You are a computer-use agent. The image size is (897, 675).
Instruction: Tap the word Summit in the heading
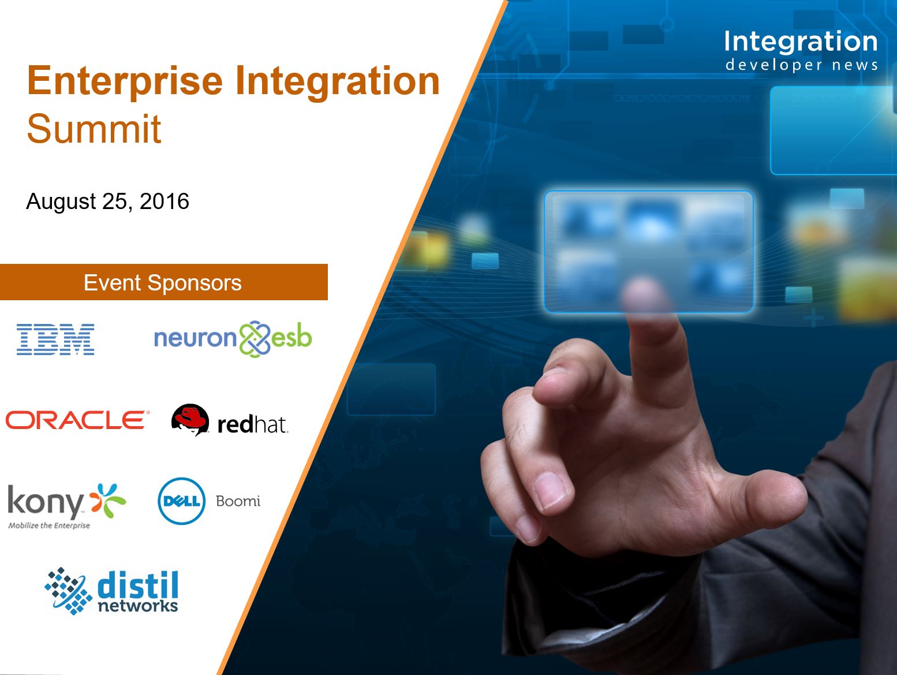point(94,129)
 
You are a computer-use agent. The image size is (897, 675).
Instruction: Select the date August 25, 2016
point(107,202)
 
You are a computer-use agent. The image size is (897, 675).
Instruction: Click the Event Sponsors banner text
point(163,283)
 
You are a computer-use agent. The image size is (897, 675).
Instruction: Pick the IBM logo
point(55,340)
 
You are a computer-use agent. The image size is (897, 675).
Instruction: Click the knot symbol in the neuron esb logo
point(255,339)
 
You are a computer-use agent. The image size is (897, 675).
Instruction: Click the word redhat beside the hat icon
point(253,424)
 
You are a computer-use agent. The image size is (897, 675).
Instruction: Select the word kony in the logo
point(46,501)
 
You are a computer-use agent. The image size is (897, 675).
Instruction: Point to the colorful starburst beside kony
point(108,501)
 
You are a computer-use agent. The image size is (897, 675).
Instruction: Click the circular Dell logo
point(181,501)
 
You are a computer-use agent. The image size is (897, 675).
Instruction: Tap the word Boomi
point(238,501)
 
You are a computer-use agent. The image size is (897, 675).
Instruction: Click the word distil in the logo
point(138,585)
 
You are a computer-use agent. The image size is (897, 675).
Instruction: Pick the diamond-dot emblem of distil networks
point(68,591)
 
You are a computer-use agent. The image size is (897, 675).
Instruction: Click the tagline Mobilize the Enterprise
point(49,525)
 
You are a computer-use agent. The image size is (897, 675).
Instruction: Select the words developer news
point(801,65)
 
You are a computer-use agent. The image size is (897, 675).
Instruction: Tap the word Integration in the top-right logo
point(801,42)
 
